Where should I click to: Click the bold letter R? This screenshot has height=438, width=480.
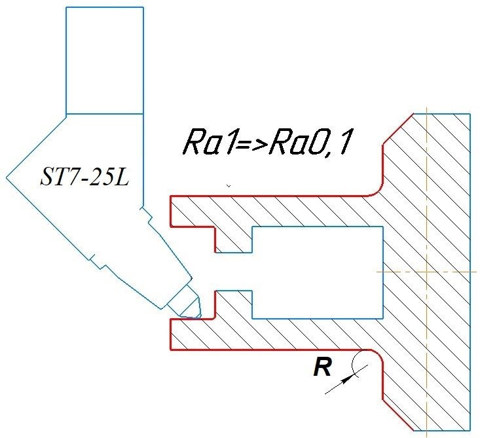[x=321, y=369]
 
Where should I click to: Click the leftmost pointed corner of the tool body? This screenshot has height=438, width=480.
[x=7, y=177]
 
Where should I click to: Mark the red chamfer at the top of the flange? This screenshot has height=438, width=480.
[x=397, y=130]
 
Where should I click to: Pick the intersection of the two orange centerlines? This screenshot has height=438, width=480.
[x=426, y=271]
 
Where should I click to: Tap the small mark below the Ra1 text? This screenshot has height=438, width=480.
[x=228, y=187]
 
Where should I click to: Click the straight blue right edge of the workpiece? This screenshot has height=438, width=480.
[x=470, y=272]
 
